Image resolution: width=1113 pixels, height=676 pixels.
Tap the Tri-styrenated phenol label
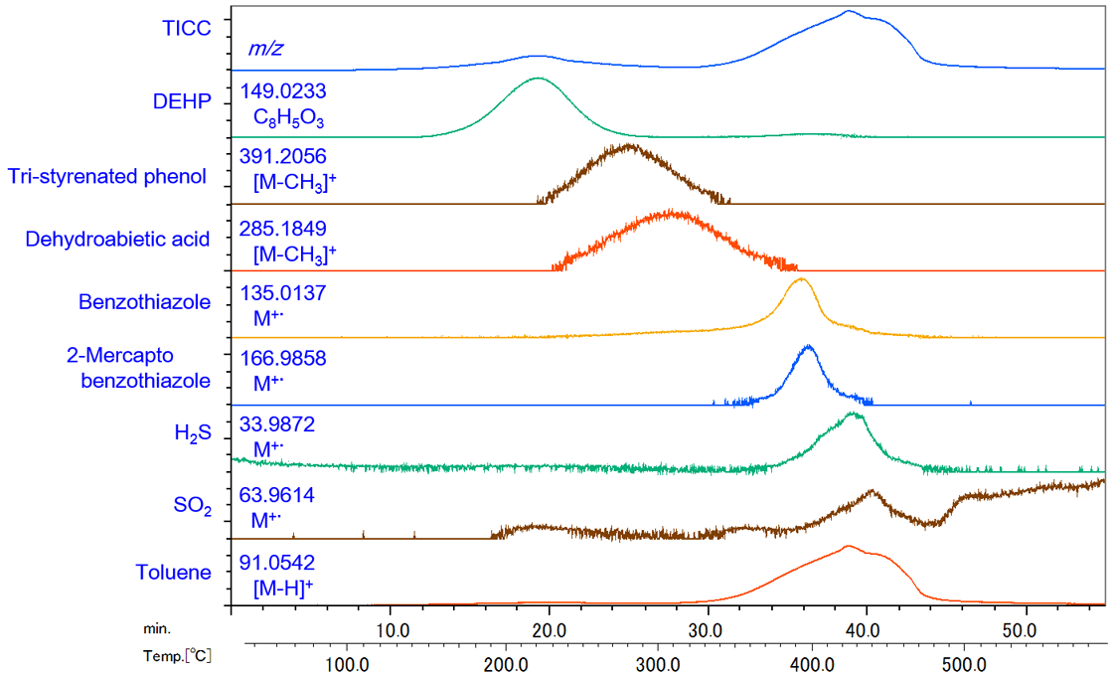coord(107,177)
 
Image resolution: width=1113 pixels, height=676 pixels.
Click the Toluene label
coord(174,573)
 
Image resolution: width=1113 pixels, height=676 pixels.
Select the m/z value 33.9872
coord(277,424)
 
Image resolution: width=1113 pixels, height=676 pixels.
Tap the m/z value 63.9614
coord(277,495)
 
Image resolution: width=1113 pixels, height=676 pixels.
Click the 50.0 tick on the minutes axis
coord(1021,630)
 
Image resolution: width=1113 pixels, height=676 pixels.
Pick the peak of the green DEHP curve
coord(538,78)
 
